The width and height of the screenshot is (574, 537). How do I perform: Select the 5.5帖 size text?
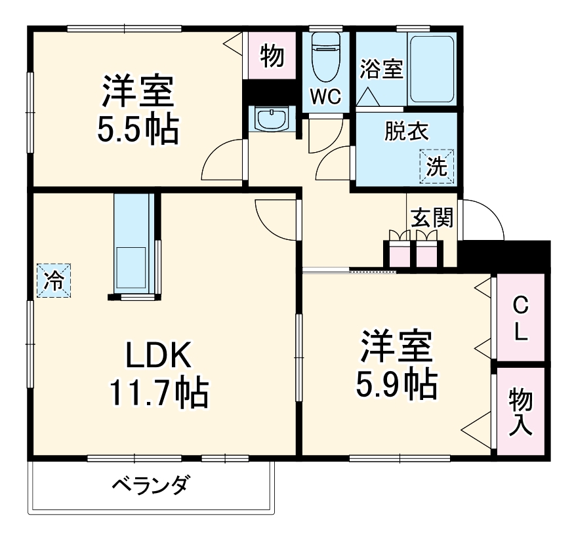pos(138,130)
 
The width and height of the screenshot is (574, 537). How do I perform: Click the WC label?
pos(326,97)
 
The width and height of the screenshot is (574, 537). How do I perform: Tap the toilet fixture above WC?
pos(325,56)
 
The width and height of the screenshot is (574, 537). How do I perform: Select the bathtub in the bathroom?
pos(432,68)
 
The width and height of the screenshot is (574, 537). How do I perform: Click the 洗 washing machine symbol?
pos(436,166)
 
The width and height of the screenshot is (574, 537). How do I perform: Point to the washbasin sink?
pos(271,120)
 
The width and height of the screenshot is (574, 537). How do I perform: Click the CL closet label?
pos(520,318)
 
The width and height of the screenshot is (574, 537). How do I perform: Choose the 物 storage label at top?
pos(272,57)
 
